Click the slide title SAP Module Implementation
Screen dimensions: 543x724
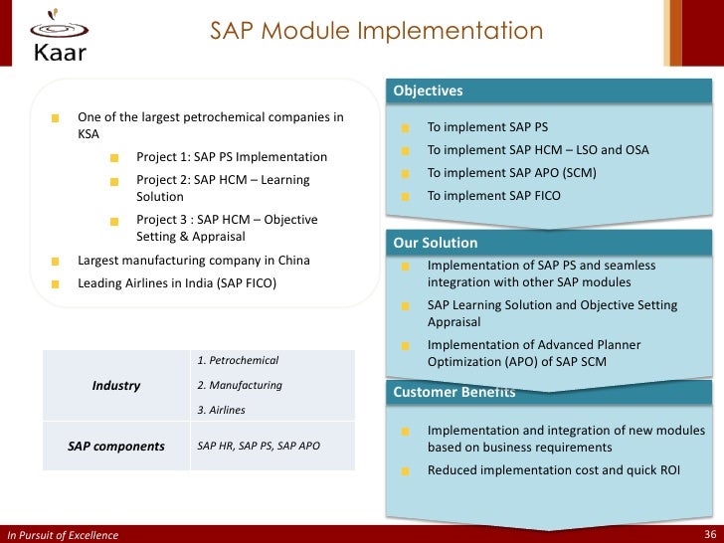tap(376, 31)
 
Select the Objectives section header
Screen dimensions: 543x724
tap(429, 91)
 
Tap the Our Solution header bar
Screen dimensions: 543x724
tap(436, 243)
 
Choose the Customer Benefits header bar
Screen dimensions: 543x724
tap(454, 392)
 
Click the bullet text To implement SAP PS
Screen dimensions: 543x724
tap(487, 128)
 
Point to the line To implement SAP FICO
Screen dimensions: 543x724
tap(493, 196)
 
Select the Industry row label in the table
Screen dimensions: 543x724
tap(116, 385)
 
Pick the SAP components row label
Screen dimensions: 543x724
tap(116, 447)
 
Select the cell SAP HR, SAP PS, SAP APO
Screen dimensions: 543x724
tap(259, 447)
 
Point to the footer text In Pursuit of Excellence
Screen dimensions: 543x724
tap(63, 535)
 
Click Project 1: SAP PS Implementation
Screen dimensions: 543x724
tap(232, 157)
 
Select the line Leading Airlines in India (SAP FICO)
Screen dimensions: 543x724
tap(177, 283)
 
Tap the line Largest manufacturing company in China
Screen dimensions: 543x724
tap(194, 261)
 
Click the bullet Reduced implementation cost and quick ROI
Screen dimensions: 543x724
tap(554, 470)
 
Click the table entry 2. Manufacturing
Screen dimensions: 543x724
tap(240, 385)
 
